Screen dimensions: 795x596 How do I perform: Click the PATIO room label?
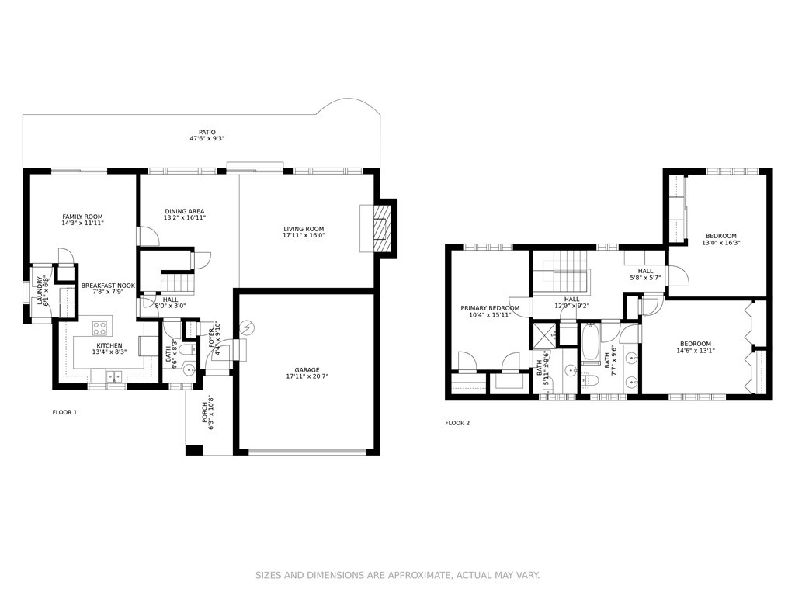(207, 132)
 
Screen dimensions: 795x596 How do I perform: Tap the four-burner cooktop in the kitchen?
(100, 327)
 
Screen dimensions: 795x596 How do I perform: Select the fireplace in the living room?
(383, 228)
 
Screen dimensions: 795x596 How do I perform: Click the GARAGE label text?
(307, 370)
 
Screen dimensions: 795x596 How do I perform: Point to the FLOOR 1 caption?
(65, 412)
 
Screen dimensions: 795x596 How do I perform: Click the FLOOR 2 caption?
(457, 423)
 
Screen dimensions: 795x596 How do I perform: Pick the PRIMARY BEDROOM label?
(490, 308)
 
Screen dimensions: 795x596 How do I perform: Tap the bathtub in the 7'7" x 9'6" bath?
(591, 342)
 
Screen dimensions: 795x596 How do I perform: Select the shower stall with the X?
(543, 335)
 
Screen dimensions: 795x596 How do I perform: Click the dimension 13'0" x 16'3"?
(721, 243)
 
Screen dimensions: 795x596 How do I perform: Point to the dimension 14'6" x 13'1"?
(696, 350)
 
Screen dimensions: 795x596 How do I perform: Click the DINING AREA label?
(185, 211)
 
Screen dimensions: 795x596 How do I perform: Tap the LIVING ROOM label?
(304, 229)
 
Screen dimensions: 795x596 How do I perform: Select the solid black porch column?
(194, 449)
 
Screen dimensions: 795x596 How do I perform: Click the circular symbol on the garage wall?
(246, 328)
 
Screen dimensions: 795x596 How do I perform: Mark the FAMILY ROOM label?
(82, 217)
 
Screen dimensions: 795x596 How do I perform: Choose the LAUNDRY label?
(40, 287)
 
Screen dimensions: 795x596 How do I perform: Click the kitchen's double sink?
(114, 376)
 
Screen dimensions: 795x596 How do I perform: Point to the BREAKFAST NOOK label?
(108, 286)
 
